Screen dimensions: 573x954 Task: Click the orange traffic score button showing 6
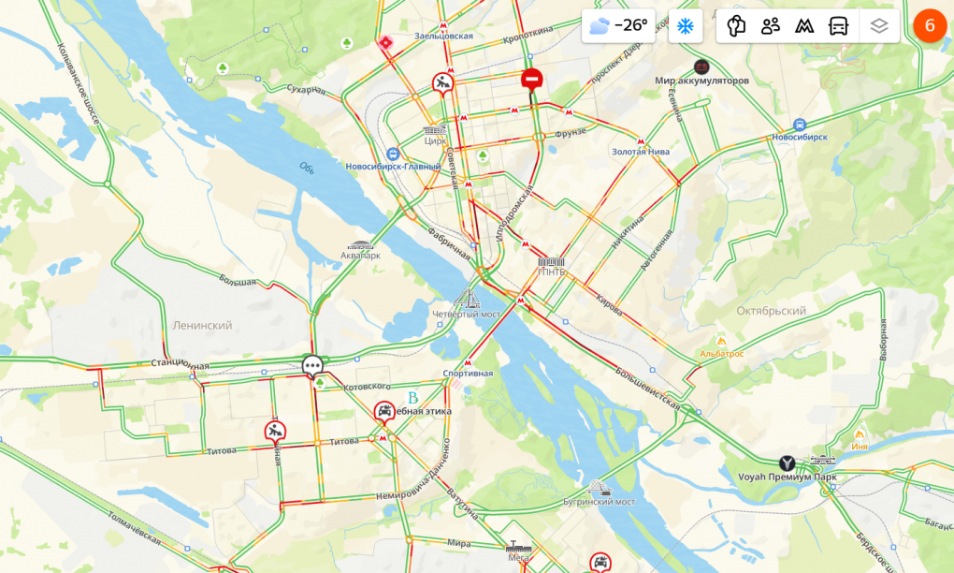pos(929,25)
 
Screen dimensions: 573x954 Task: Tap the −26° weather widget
pos(618,25)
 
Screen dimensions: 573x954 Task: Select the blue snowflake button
pos(685,25)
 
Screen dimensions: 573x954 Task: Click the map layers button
pos(878,25)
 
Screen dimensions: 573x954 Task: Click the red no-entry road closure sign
pos(531,81)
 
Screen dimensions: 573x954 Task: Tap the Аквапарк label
pos(361,255)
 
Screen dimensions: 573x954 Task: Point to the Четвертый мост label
pos(467,314)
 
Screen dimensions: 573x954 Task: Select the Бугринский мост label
pos(599,502)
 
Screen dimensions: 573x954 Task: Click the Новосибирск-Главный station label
pos(393,167)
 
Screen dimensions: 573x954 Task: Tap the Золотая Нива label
pos(642,151)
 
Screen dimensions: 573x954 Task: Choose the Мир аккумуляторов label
pos(701,81)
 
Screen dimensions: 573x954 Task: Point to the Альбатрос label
pos(722,354)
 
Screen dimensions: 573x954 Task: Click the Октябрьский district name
pos(771,311)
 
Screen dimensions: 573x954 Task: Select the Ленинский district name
pos(202,325)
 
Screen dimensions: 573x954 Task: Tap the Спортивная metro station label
pos(468,373)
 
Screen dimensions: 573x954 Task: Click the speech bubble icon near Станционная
pos(312,365)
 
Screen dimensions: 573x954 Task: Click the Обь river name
pos(307,169)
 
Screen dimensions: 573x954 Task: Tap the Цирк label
pos(436,140)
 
